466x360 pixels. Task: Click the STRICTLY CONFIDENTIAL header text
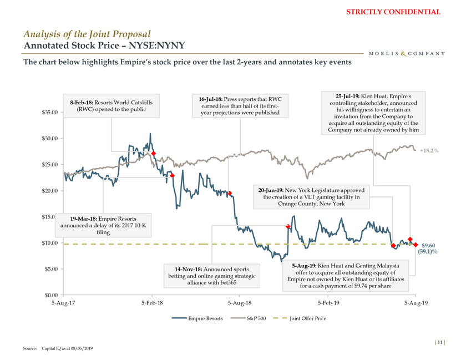point(401,12)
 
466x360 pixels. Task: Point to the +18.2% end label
point(430,150)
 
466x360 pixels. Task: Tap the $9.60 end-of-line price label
point(428,246)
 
